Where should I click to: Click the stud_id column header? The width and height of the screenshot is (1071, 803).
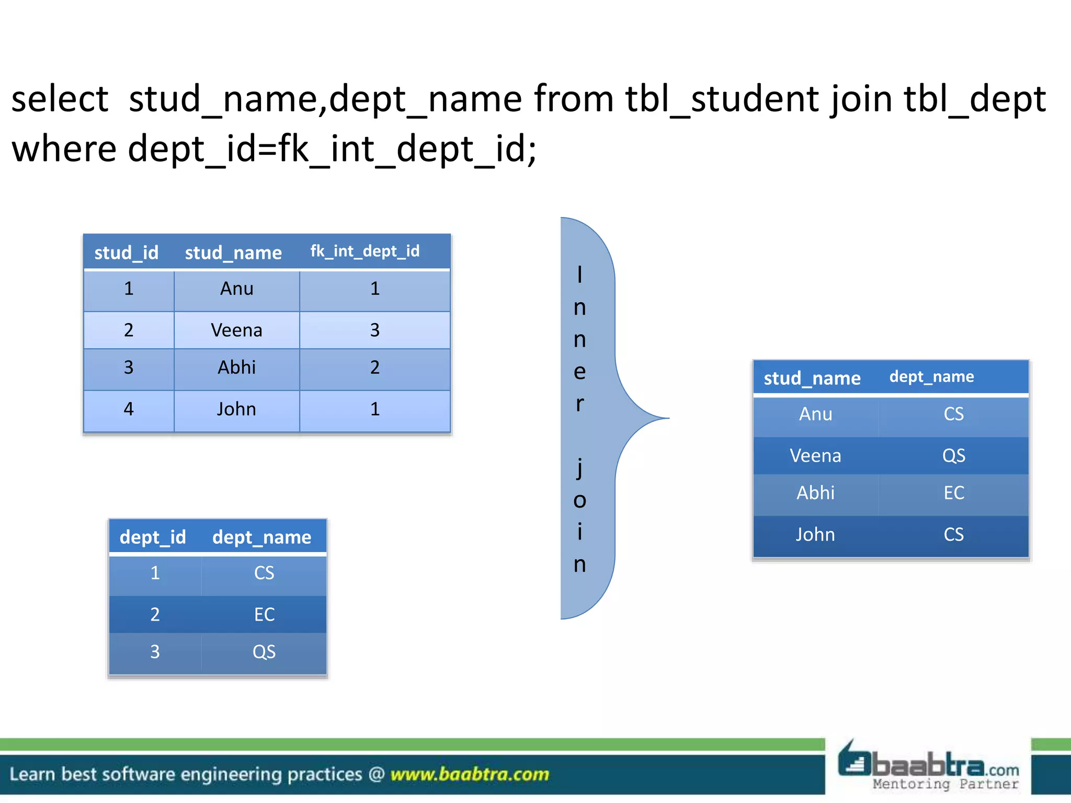pos(126,253)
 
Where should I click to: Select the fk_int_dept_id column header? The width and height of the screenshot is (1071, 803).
pos(364,251)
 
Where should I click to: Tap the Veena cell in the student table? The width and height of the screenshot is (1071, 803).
pos(236,330)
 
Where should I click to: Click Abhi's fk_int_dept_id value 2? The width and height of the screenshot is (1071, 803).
pos(374,368)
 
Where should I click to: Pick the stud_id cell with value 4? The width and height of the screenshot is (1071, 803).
pos(129,409)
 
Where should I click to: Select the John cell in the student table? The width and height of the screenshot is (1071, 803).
pos(236,409)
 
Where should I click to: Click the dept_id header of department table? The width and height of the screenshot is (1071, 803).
pos(153,537)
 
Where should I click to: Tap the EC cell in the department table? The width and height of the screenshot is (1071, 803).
pos(264,614)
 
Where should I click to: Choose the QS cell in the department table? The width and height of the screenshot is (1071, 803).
pos(264,652)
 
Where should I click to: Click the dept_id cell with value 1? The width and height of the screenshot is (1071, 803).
pos(155,573)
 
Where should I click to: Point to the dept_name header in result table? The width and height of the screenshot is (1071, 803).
pos(931,377)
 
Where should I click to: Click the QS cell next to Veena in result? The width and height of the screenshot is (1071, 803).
pos(953,456)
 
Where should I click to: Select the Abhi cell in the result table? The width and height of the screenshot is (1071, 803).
pos(815,493)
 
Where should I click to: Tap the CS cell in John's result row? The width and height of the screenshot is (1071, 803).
pos(953,535)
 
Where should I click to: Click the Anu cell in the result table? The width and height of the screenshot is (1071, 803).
pos(815,414)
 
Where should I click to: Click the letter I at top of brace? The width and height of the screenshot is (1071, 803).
pos(579,275)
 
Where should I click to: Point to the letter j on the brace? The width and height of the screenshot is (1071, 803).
pos(579,467)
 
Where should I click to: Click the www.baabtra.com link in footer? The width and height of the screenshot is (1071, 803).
pos(470,774)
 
